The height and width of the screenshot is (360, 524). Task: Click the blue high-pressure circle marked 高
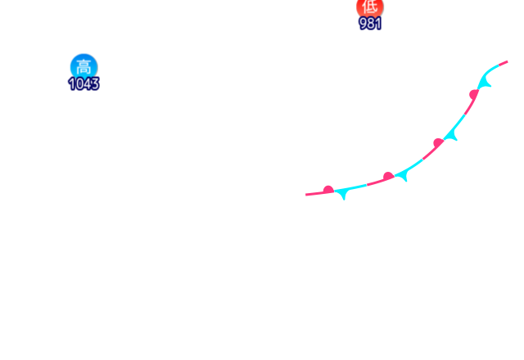coord(83,65)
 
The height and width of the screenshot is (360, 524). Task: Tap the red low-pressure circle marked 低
coord(369,7)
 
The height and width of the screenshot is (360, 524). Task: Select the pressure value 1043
coord(84,83)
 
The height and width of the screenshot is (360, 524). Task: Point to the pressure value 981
coord(370,24)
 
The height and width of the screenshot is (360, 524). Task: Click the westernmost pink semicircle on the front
coord(328,190)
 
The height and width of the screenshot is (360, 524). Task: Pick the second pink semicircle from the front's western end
coord(388,176)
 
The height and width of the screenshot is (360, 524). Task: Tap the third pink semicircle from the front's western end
coord(438,142)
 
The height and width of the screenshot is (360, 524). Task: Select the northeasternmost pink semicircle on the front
coord(473,94)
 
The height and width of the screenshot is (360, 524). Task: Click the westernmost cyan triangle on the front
coord(343,195)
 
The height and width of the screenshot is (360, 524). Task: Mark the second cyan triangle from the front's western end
coord(402,176)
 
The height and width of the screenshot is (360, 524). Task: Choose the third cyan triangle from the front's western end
coord(451,136)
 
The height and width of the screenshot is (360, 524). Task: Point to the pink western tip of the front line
coord(307,195)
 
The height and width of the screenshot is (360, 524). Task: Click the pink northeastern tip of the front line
coord(507,61)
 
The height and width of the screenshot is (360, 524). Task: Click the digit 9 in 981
coord(364,24)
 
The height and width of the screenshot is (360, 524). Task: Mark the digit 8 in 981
coord(371,24)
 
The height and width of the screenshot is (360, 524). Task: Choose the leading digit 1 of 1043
coord(72,83)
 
